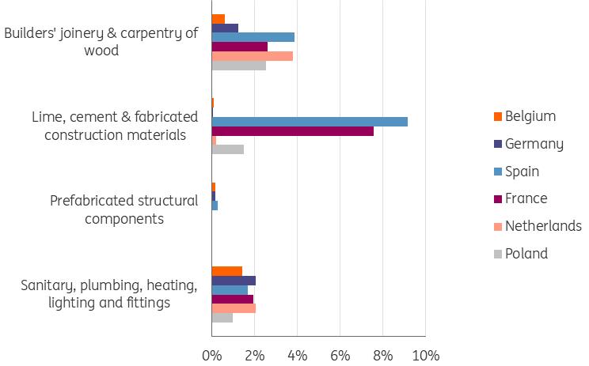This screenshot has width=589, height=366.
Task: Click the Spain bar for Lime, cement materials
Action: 310,122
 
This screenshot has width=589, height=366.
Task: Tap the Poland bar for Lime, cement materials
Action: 227,149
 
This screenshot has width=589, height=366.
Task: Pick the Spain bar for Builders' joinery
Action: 253,37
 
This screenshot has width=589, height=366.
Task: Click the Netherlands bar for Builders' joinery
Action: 252,56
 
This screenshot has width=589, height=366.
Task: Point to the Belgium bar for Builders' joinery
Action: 218,19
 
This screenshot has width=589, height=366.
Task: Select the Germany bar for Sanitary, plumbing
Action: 234,281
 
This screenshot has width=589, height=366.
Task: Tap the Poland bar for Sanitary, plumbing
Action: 222,318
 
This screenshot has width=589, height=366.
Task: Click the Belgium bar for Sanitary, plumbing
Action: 226,271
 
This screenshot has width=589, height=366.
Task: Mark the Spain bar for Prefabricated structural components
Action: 215,206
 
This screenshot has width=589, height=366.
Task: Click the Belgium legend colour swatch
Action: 497,117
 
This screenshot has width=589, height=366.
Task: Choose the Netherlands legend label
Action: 543,226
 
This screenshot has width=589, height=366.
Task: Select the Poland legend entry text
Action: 526,254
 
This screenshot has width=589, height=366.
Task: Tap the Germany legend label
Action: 534,144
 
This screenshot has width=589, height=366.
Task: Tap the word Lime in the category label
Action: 46,117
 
